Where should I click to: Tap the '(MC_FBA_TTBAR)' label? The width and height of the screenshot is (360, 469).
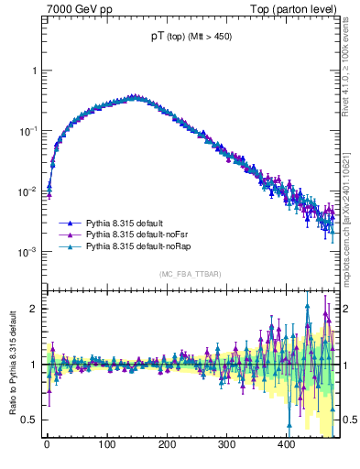(x=189, y=274)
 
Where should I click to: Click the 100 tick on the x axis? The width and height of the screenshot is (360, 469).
(x=106, y=444)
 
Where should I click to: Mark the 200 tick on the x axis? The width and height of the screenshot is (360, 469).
(x=167, y=444)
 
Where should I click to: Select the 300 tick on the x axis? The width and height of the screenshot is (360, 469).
(x=226, y=444)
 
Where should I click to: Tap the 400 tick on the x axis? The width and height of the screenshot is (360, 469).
(x=287, y=444)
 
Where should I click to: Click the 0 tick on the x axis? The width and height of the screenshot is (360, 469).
(x=47, y=444)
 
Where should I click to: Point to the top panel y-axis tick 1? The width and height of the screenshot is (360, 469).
(x=34, y=71)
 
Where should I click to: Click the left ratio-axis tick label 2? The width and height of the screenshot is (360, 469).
(x=35, y=308)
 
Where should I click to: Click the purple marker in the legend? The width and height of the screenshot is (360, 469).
(x=71, y=234)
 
